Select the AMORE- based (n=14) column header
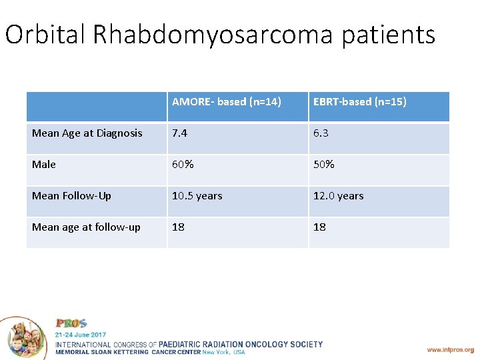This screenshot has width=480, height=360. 227,102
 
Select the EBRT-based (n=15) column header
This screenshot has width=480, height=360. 360,102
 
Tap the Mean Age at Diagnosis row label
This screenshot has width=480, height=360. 87,133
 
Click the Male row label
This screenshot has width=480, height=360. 44,165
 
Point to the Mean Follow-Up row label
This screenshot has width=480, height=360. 72,196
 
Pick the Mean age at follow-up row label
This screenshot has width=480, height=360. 87,227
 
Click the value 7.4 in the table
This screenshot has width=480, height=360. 179,133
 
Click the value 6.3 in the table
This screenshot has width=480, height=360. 321,133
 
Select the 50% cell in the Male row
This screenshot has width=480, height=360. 323,165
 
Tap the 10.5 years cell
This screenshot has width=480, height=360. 197,196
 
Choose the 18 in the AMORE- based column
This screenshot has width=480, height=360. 179,227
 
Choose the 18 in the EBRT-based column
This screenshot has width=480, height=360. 320,227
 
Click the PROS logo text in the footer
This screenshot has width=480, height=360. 71,323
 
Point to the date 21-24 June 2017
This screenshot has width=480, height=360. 80,334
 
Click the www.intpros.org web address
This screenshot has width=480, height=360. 451,349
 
